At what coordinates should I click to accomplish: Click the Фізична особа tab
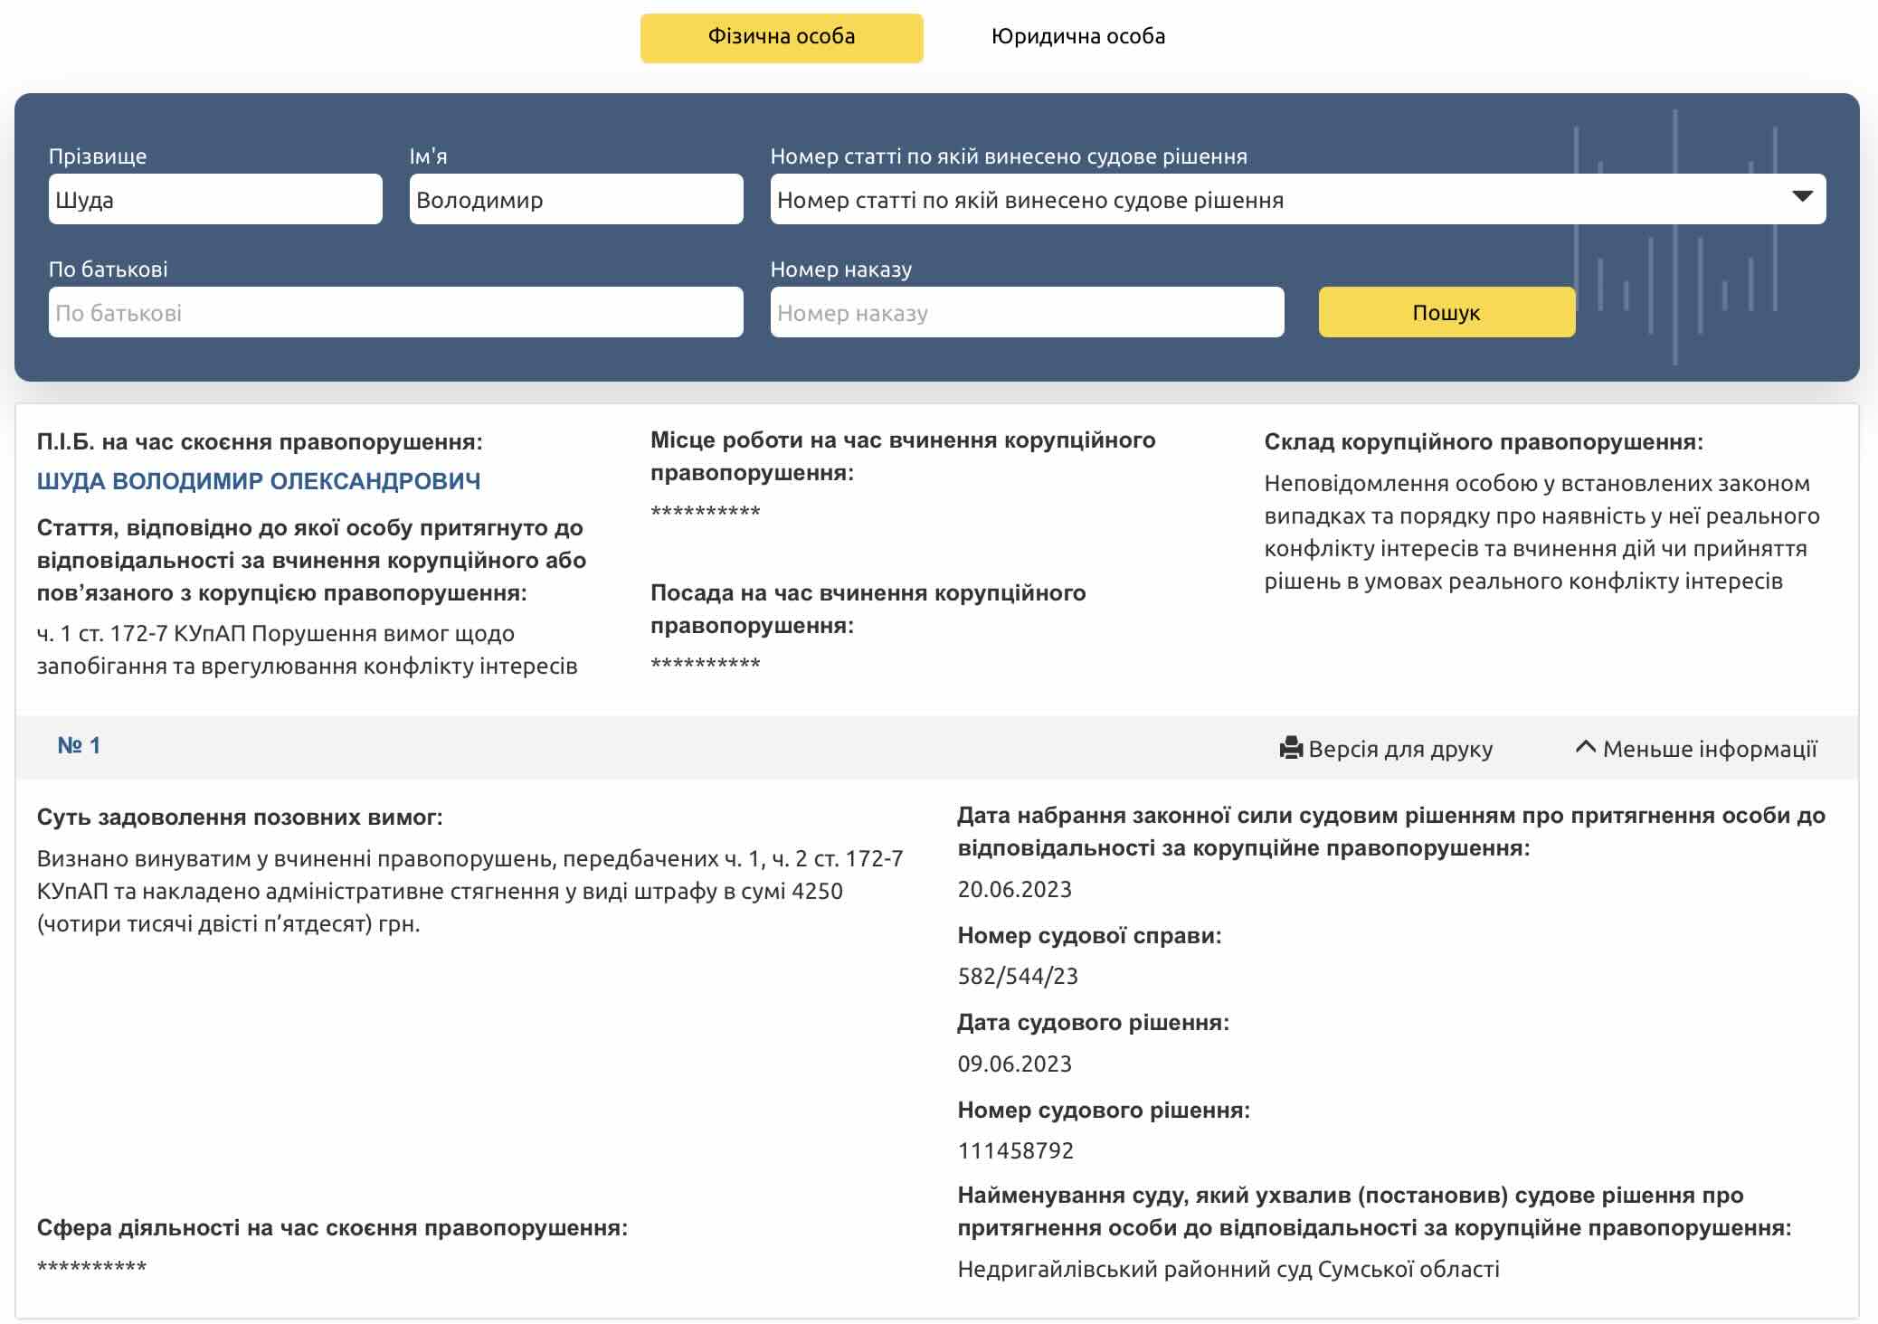click(781, 37)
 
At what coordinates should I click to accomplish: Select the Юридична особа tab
click(1077, 37)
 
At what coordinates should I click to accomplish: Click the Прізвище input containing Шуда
click(215, 199)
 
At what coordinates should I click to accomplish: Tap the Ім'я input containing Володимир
click(575, 199)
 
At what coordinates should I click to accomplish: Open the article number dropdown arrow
click(1802, 197)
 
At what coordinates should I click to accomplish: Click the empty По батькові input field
click(395, 313)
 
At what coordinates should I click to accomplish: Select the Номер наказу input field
click(1027, 313)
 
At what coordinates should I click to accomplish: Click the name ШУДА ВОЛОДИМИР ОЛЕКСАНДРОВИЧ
click(259, 481)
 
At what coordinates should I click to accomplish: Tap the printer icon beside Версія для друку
click(1291, 748)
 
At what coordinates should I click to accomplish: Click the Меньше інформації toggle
click(1697, 749)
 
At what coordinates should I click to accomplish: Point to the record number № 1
click(79, 746)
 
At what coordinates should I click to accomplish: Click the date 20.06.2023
click(1014, 890)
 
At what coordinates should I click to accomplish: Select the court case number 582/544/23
click(1018, 977)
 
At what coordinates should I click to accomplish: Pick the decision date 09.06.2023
click(1014, 1064)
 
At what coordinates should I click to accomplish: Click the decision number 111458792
click(1015, 1151)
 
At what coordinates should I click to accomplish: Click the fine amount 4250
click(817, 892)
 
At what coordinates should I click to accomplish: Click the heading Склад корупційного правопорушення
click(1483, 442)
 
